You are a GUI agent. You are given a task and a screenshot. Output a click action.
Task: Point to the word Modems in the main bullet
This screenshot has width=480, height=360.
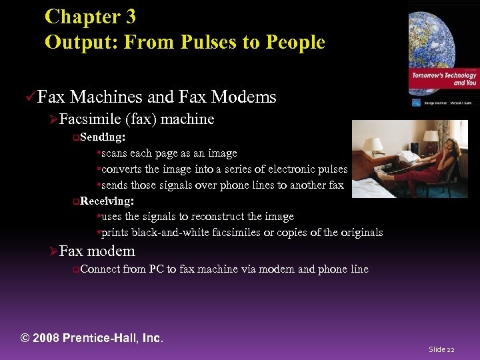(243, 97)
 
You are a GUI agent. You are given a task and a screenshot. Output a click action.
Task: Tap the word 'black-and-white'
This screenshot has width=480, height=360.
(163, 233)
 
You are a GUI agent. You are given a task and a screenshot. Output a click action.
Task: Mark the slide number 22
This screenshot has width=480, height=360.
(451, 349)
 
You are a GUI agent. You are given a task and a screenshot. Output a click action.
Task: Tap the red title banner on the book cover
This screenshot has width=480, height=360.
(444, 79)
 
